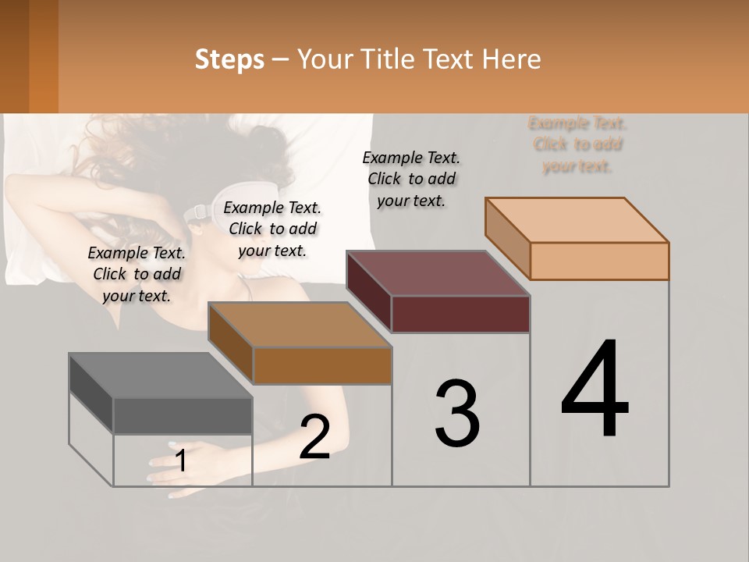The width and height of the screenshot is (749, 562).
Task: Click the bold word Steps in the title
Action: pyautogui.click(x=229, y=59)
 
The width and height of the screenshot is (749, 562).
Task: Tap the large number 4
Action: pyautogui.click(x=595, y=390)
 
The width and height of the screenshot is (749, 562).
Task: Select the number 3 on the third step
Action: pyautogui.click(x=456, y=414)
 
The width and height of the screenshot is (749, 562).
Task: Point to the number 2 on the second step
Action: pyautogui.click(x=314, y=437)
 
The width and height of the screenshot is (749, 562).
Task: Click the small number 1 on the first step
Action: pyautogui.click(x=181, y=461)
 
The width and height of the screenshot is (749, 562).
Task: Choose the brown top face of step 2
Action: pyautogui.click(x=300, y=325)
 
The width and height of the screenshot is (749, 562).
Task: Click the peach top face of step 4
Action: pyautogui.click(x=577, y=220)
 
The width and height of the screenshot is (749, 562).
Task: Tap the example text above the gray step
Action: pyautogui.click(x=137, y=274)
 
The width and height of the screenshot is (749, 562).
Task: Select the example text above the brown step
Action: pyautogui.click(x=272, y=229)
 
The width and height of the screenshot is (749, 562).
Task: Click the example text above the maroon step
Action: pyautogui.click(x=411, y=179)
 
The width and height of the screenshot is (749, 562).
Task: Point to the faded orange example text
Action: pyautogui.click(x=577, y=144)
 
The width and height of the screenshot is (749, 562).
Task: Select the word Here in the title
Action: pyautogui.click(x=512, y=59)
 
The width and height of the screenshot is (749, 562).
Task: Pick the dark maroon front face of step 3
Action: pyautogui.click(x=460, y=314)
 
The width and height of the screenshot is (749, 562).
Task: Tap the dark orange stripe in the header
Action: pyautogui.click(x=44, y=56)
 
